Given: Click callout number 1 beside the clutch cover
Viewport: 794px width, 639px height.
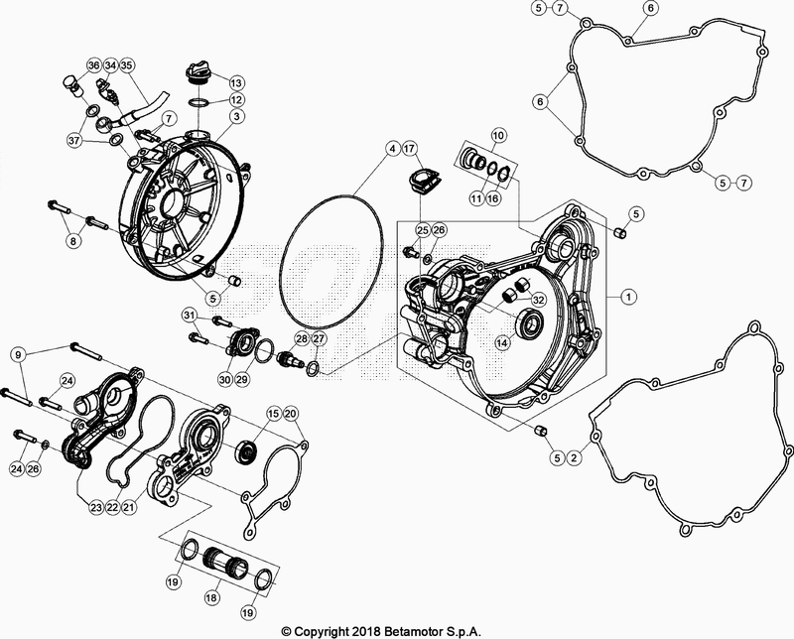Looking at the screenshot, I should (x=627, y=296).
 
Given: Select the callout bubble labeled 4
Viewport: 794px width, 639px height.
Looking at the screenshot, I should (x=394, y=150).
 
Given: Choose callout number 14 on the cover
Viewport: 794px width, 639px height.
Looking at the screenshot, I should (x=502, y=342).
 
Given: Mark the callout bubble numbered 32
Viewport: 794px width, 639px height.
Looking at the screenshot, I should (x=538, y=299).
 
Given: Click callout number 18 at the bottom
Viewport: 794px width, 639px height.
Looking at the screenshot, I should (x=209, y=600).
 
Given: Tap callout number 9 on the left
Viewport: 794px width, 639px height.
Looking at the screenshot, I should (x=17, y=354).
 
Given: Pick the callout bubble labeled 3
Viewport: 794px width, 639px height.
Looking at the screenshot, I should (x=237, y=117).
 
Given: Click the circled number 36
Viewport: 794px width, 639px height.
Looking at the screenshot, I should (x=93, y=65).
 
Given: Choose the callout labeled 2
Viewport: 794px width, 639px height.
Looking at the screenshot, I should (x=577, y=458).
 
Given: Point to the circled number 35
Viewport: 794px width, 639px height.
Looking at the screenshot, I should (x=128, y=65).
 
